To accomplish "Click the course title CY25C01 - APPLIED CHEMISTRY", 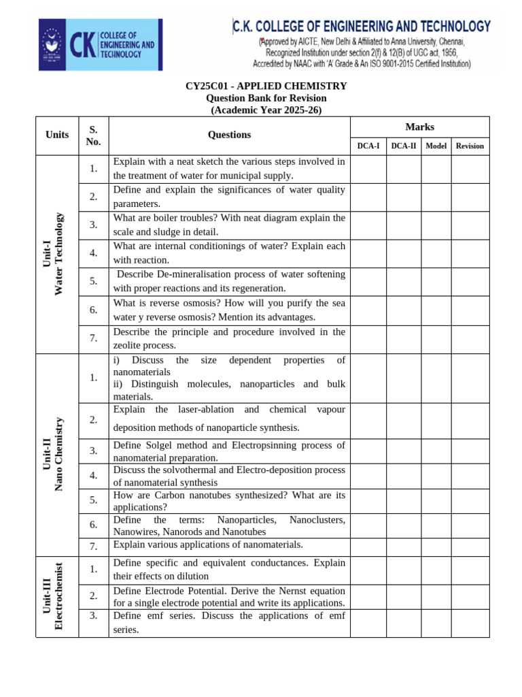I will tap(266, 86).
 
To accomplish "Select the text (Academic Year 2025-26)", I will tap(266, 110).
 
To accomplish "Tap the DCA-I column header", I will tap(368, 146).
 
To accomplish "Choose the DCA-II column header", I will tap(404, 146).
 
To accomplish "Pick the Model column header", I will tap(436, 146).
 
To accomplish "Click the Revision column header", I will tap(470, 146).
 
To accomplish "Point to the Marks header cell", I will tap(419, 127).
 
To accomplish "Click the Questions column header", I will tap(229, 135).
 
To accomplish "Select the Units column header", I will tap(57, 135).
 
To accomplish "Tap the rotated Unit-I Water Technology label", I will tap(57, 253).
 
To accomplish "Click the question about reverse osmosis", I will tap(229, 310).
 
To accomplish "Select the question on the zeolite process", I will tap(229, 339).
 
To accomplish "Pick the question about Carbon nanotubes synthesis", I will tap(229, 501).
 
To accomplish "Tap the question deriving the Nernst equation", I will tap(229, 597).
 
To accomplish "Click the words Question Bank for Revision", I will tap(266, 98).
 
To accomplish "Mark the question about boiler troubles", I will tap(229, 225).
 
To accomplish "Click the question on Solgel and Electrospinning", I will tap(229, 451).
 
